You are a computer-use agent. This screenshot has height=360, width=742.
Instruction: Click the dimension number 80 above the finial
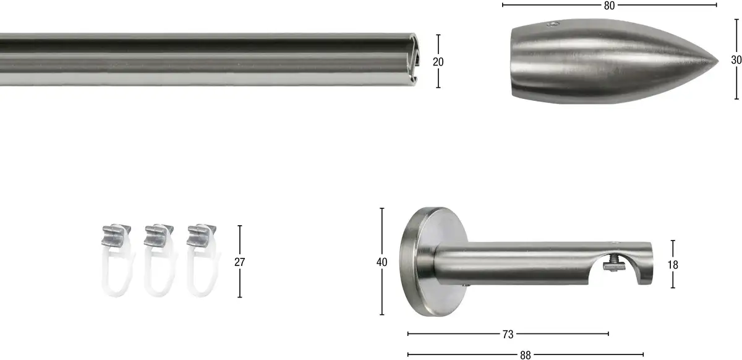click(609, 6)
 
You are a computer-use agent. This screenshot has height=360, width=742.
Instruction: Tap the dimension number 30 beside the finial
click(736, 60)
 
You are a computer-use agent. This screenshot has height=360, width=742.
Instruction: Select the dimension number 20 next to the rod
click(438, 62)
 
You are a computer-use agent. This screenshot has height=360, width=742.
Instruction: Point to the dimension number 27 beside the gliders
click(239, 262)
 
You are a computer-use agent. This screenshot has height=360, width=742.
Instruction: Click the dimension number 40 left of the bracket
click(382, 262)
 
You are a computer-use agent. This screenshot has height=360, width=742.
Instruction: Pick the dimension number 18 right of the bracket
click(673, 265)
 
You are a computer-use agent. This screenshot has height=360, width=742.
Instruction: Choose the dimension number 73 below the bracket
click(508, 335)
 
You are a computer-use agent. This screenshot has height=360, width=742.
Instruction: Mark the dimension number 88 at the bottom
click(526, 355)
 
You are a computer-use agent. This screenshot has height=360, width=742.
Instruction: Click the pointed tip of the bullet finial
click(717, 61)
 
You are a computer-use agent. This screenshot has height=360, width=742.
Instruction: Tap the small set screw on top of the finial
click(553, 24)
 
